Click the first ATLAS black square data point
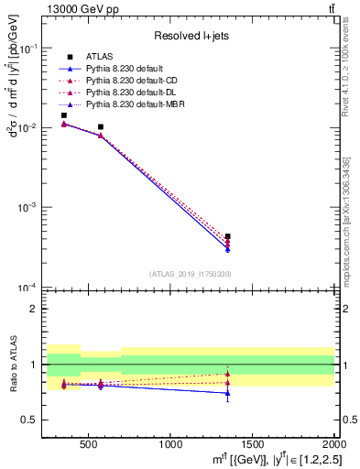point(63,115)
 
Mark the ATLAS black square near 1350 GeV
point(228,236)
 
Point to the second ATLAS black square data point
point(101,127)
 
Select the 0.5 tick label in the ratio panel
point(29,420)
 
